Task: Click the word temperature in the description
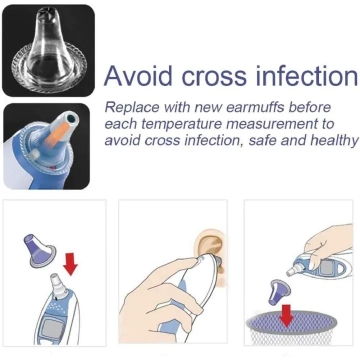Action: coord(168,124)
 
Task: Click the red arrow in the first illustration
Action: coord(71,263)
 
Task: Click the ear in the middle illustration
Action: coord(209,247)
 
